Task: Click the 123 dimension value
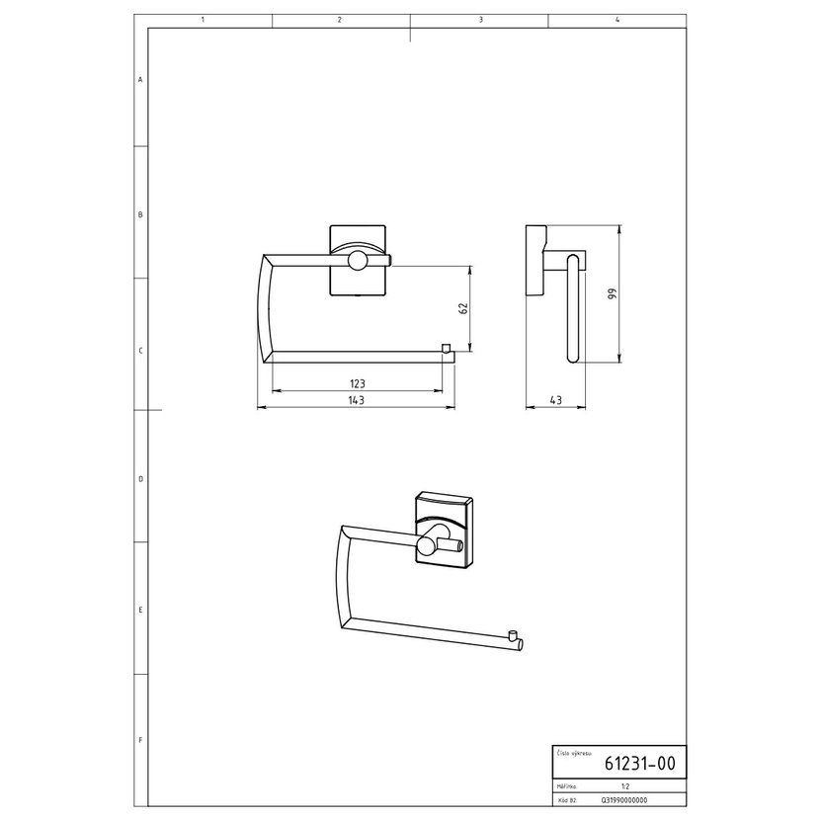(x=358, y=384)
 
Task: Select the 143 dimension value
(x=356, y=400)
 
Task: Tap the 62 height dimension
(x=463, y=308)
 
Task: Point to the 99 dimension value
(x=613, y=293)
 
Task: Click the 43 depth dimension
(x=556, y=400)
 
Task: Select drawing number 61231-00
(x=640, y=764)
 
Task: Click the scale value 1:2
(x=625, y=786)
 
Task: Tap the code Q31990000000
(x=624, y=800)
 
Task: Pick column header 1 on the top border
(x=203, y=20)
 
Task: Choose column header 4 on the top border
(x=617, y=20)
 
